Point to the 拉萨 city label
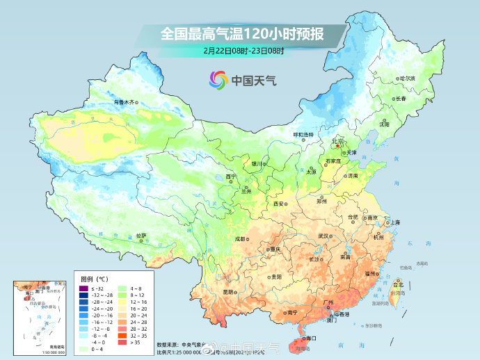tap(141, 236)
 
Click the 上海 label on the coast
tap(395, 222)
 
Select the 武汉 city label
tap(323, 236)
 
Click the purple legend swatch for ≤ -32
tap(83, 288)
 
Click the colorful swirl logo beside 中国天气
tap(218, 80)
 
